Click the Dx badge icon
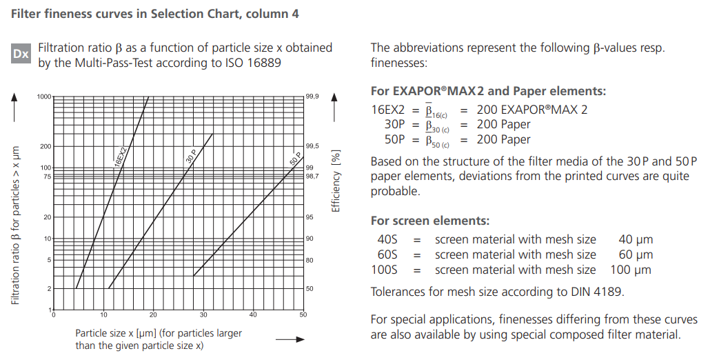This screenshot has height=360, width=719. coord(21,54)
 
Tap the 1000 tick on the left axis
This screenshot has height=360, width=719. coord(43,97)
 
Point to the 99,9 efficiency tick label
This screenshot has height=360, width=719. coord(312,97)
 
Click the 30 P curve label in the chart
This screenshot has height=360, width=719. coord(191,157)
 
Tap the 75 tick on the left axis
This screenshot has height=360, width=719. coord(47,177)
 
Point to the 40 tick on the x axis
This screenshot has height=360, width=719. coord(253,315)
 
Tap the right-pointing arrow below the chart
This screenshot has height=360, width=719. coord(290,339)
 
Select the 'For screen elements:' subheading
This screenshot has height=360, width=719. coord(430,221)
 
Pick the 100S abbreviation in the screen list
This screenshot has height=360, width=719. coord(384,270)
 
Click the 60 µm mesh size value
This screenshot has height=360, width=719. coord(636,254)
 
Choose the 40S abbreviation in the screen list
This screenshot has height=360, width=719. coord(384,239)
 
